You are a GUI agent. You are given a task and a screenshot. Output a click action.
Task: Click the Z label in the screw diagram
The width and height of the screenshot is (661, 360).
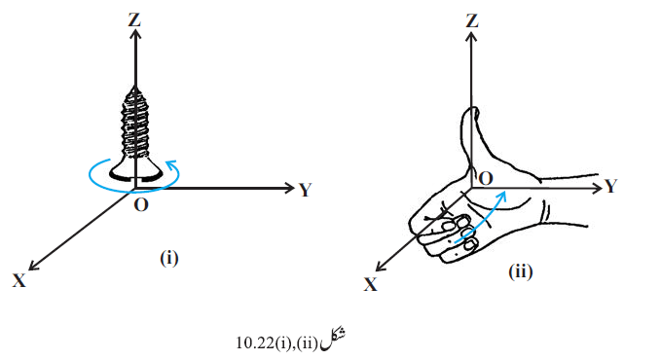click(134, 19)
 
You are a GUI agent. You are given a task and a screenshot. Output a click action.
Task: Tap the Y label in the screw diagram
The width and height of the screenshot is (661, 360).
click(306, 190)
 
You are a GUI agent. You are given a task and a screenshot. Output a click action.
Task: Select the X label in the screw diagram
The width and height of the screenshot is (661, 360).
click(18, 280)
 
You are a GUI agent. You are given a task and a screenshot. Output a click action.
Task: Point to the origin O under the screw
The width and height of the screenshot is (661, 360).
click(141, 205)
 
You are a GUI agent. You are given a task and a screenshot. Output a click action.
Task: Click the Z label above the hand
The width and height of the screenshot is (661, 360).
click(472, 20)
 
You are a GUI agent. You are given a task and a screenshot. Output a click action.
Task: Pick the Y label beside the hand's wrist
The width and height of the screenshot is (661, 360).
click(610, 186)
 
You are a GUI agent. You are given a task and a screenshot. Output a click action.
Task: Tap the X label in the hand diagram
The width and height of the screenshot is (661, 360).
click(371, 284)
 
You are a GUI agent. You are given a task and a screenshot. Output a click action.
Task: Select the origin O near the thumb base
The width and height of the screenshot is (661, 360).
click(486, 179)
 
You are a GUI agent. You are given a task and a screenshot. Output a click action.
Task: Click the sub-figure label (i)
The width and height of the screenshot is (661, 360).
click(169, 258)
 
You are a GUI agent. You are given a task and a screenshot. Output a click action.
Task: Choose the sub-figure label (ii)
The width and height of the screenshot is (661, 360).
click(521, 271)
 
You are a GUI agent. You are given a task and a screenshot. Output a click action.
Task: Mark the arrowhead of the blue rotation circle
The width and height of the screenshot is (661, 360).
click(172, 164)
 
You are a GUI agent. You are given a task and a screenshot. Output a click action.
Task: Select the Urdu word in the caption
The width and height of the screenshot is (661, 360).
click(333, 341)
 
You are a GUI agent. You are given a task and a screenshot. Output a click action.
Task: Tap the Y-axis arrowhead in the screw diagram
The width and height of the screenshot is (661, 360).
click(289, 188)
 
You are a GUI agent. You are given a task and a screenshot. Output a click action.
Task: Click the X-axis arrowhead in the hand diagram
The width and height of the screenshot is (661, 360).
click(380, 267)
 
